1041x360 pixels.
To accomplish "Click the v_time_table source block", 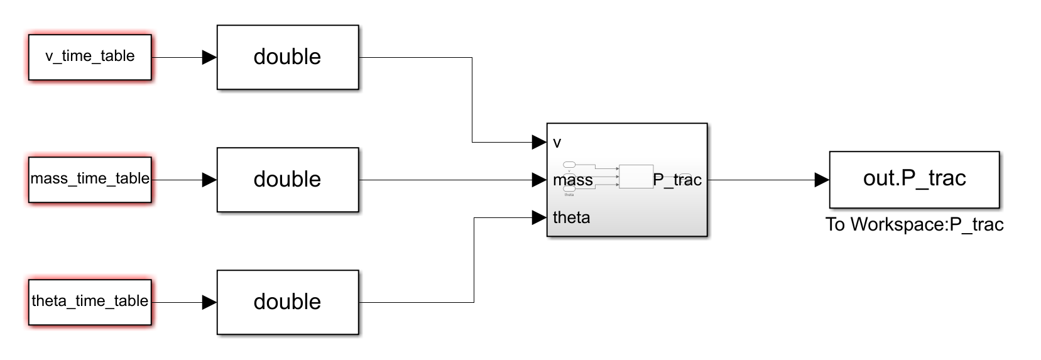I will (90, 57).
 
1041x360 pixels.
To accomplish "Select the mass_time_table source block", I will (90, 180).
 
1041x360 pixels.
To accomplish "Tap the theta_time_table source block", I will (90, 302).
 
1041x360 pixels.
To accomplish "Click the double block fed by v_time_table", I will (288, 57).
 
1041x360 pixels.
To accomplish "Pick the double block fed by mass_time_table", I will (288, 180).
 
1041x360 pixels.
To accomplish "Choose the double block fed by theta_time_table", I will (288, 302).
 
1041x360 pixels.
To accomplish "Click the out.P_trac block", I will (914, 179).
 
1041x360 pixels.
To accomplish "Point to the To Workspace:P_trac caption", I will (914, 224).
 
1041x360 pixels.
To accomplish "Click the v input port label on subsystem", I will (557, 143).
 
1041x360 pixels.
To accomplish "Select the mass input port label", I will (573, 180).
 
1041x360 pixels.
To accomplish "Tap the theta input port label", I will (571, 217).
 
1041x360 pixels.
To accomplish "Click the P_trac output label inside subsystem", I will (677, 180).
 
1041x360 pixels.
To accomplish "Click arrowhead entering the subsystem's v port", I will (538, 142).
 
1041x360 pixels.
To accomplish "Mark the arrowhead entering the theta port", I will (538, 217).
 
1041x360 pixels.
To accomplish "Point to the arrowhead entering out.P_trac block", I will (821, 180).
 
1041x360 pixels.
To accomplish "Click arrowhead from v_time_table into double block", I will (209, 57).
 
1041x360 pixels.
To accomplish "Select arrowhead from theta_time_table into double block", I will (209, 302).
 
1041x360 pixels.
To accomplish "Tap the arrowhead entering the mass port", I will (538, 180).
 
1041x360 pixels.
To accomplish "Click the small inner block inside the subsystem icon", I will (636, 177).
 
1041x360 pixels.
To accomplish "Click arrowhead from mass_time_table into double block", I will (209, 180).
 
